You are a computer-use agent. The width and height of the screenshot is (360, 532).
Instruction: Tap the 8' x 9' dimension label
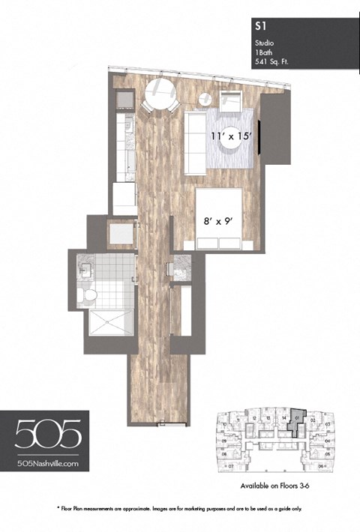[x=219, y=220]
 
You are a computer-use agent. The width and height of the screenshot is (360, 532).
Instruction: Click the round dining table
[x=160, y=94]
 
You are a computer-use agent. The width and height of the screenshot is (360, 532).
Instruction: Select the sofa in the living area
[x=196, y=142]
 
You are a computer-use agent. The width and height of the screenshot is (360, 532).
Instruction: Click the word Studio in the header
[x=263, y=43]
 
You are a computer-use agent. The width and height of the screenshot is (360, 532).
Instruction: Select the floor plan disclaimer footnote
[x=180, y=508]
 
